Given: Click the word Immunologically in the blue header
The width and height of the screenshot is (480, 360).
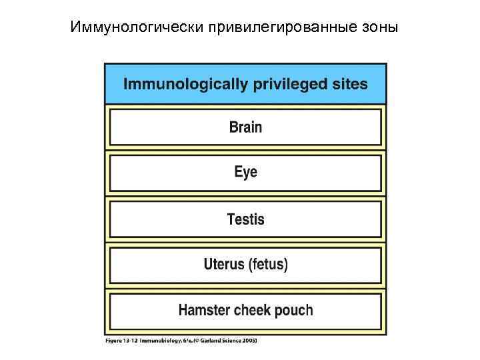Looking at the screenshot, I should [183, 84].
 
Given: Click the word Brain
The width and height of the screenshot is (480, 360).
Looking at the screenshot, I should [245, 127].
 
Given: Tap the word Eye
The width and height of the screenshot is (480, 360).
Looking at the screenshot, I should [245, 172].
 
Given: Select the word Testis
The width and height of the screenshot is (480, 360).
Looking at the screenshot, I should [245, 219].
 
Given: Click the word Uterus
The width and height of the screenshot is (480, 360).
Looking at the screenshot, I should [224, 265].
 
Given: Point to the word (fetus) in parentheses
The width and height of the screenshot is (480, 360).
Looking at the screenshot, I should [268, 265].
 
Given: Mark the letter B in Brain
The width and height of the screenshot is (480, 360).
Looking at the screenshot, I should [233, 127].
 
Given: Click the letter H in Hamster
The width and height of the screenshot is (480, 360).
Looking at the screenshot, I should [183, 310].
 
